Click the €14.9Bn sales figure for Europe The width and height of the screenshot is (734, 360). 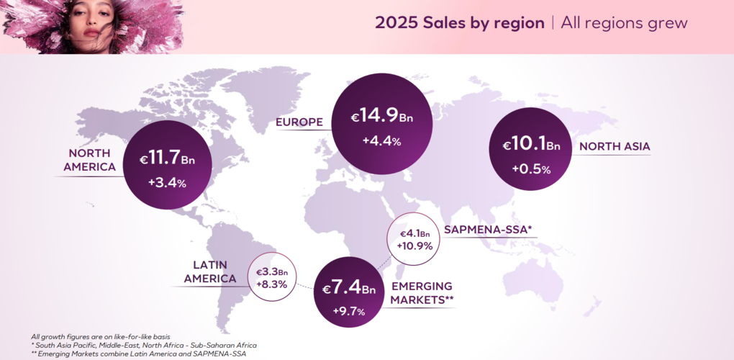(x=381, y=116)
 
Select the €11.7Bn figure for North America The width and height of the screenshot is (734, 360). (x=167, y=159)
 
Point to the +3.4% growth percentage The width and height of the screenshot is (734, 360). (x=167, y=183)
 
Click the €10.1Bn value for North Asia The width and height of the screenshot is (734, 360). (x=531, y=145)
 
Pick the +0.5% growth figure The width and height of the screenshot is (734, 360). (x=531, y=169)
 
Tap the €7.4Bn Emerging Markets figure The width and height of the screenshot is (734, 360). (x=349, y=289)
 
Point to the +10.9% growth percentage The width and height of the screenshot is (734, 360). (x=414, y=246)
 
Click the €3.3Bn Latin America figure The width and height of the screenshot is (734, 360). (x=272, y=272)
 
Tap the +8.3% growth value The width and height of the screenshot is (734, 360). (x=272, y=284)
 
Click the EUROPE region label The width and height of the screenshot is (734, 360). (x=299, y=122)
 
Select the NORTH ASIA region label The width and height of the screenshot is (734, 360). (x=615, y=147)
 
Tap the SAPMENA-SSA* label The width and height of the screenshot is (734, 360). (x=488, y=230)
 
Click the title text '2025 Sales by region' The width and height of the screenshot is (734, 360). (x=459, y=22)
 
